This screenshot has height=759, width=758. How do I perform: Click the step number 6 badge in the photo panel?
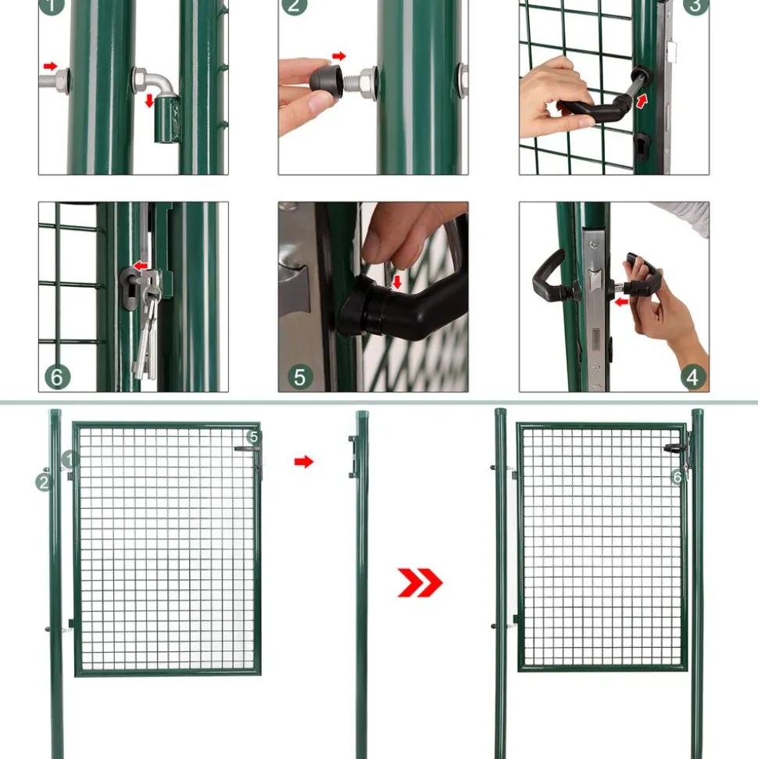click(57, 377)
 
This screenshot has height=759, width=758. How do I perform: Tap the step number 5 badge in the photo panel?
click(300, 377)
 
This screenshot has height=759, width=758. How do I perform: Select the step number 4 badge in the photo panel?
click(692, 377)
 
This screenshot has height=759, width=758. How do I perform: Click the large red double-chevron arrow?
click(420, 582)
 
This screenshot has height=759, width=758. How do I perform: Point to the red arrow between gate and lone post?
click(303, 461)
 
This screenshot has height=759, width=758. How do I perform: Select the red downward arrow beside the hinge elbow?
click(149, 101)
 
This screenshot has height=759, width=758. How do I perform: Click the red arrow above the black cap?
click(339, 56)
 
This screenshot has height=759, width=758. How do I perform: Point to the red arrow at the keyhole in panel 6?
click(141, 265)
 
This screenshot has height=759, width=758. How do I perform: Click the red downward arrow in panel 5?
click(397, 281)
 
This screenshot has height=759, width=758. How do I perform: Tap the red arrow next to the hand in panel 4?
click(621, 302)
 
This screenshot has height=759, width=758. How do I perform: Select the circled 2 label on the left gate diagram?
click(44, 482)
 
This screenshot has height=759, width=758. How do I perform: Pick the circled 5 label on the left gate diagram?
click(254, 437)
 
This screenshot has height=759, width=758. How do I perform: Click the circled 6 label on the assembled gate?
click(678, 477)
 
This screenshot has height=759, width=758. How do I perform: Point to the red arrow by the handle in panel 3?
click(642, 101)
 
